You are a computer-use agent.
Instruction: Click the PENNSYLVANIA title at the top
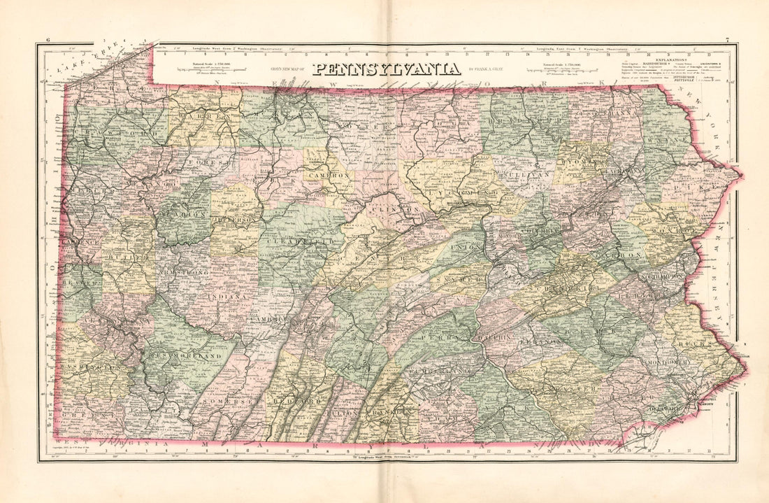click(x=386, y=69)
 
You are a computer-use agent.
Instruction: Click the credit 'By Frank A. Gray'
click(x=489, y=69)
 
